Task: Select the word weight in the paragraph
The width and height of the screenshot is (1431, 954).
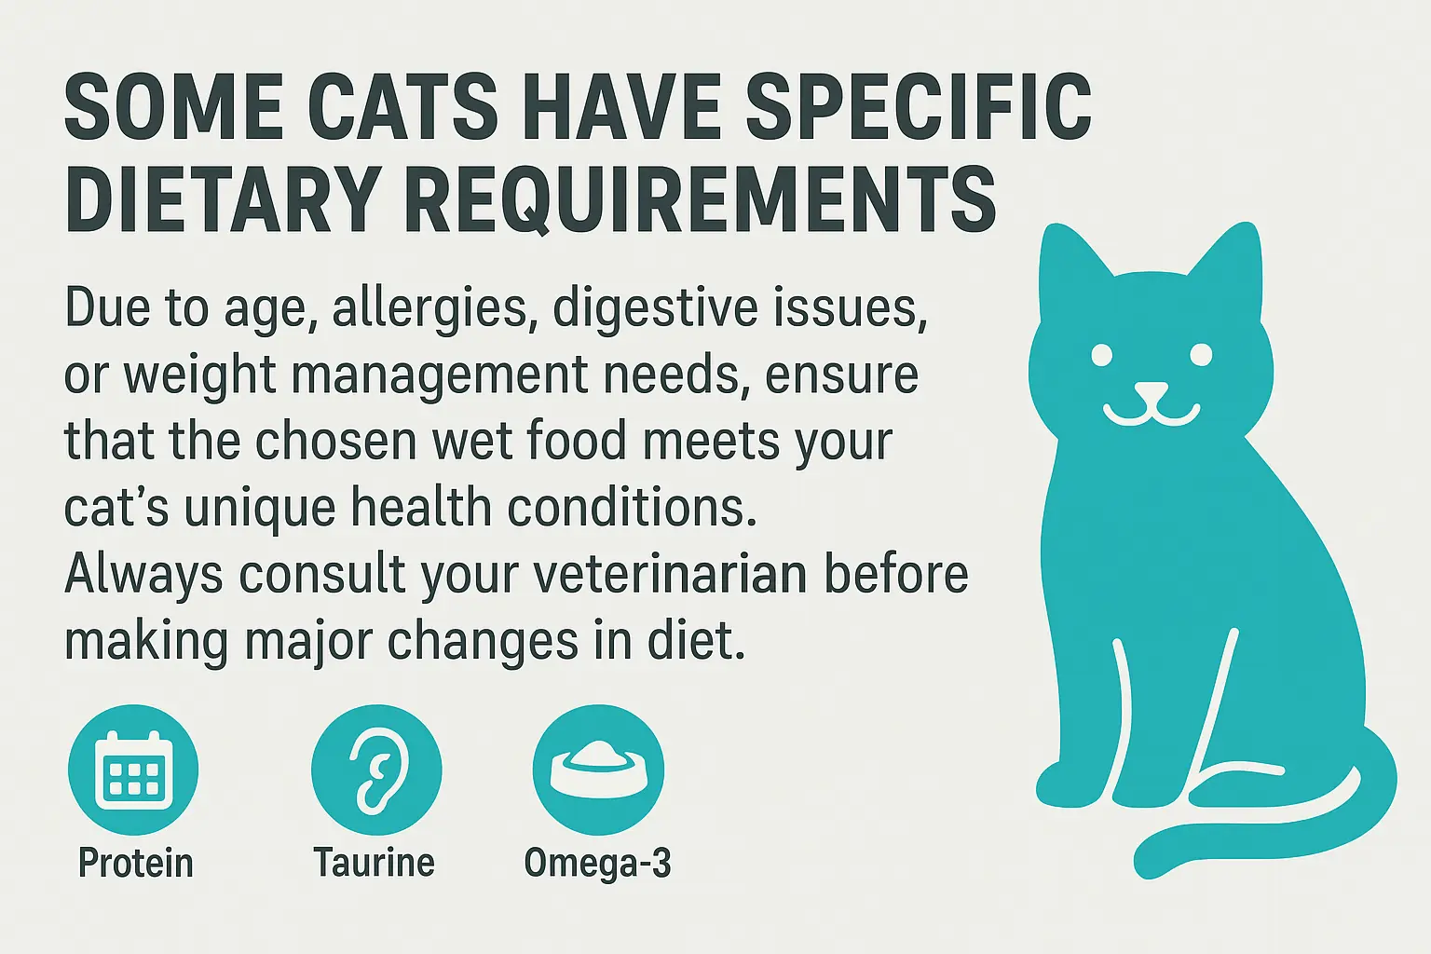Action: click(197, 376)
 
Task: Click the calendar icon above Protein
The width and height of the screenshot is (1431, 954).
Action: click(133, 770)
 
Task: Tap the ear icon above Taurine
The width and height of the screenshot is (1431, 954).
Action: click(375, 770)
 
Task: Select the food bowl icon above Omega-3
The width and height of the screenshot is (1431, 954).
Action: click(597, 770)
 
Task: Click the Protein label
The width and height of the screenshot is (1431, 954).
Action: click(136, 863)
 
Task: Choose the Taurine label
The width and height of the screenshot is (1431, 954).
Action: click(374, 863)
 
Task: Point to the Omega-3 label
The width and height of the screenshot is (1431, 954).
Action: click(597, 863)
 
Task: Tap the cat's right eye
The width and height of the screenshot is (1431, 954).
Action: click(1200, 355)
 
